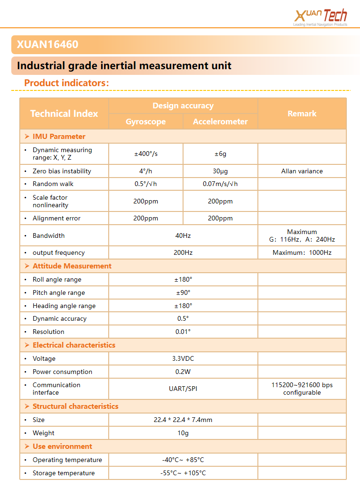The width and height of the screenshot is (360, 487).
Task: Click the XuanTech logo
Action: click(320, 17)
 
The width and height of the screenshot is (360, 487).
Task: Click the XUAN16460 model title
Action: click(48, 45)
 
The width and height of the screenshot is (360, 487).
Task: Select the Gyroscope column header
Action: click(146, 122)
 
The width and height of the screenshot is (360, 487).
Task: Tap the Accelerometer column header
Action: click(220, 122)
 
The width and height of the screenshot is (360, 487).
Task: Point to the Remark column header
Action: click(302, 114)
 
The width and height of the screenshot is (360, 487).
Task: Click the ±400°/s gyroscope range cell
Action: click(146, 154)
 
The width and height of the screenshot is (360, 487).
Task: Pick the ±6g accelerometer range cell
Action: click(220, 154)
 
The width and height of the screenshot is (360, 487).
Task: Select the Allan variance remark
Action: click(302, 171)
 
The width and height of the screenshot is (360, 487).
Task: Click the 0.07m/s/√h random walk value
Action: click(220, 184)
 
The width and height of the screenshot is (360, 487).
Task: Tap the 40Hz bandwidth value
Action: click(183, 235)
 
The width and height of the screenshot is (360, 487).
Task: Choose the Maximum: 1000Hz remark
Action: click(302, 252)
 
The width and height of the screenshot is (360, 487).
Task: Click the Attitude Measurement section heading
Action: click(72, 266)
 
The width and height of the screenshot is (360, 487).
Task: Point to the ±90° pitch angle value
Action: click(183, 292)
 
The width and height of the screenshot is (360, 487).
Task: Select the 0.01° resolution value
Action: click(183, 332)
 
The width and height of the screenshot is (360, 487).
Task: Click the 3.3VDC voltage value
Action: click(183, 358)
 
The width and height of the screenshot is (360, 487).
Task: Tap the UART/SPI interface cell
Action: click(183, 389)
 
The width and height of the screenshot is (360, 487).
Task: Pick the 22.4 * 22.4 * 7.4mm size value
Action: click(183, 420)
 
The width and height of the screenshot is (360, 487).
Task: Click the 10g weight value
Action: click(183, 433)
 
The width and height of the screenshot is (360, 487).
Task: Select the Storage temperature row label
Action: click(64, 473)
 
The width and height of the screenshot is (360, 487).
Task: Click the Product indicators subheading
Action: click(66, 83)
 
